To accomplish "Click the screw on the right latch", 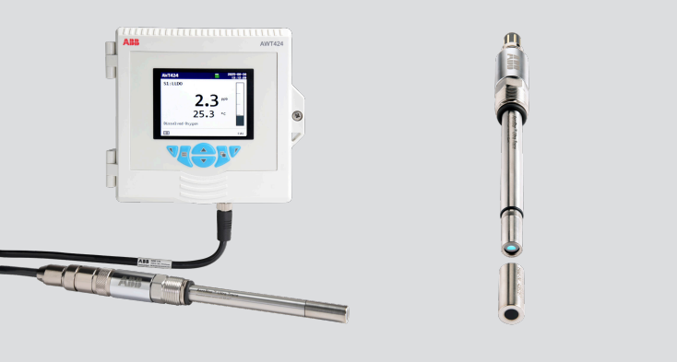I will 296,115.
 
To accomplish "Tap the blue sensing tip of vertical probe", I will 511,249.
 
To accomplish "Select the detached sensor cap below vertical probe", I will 509,293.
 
